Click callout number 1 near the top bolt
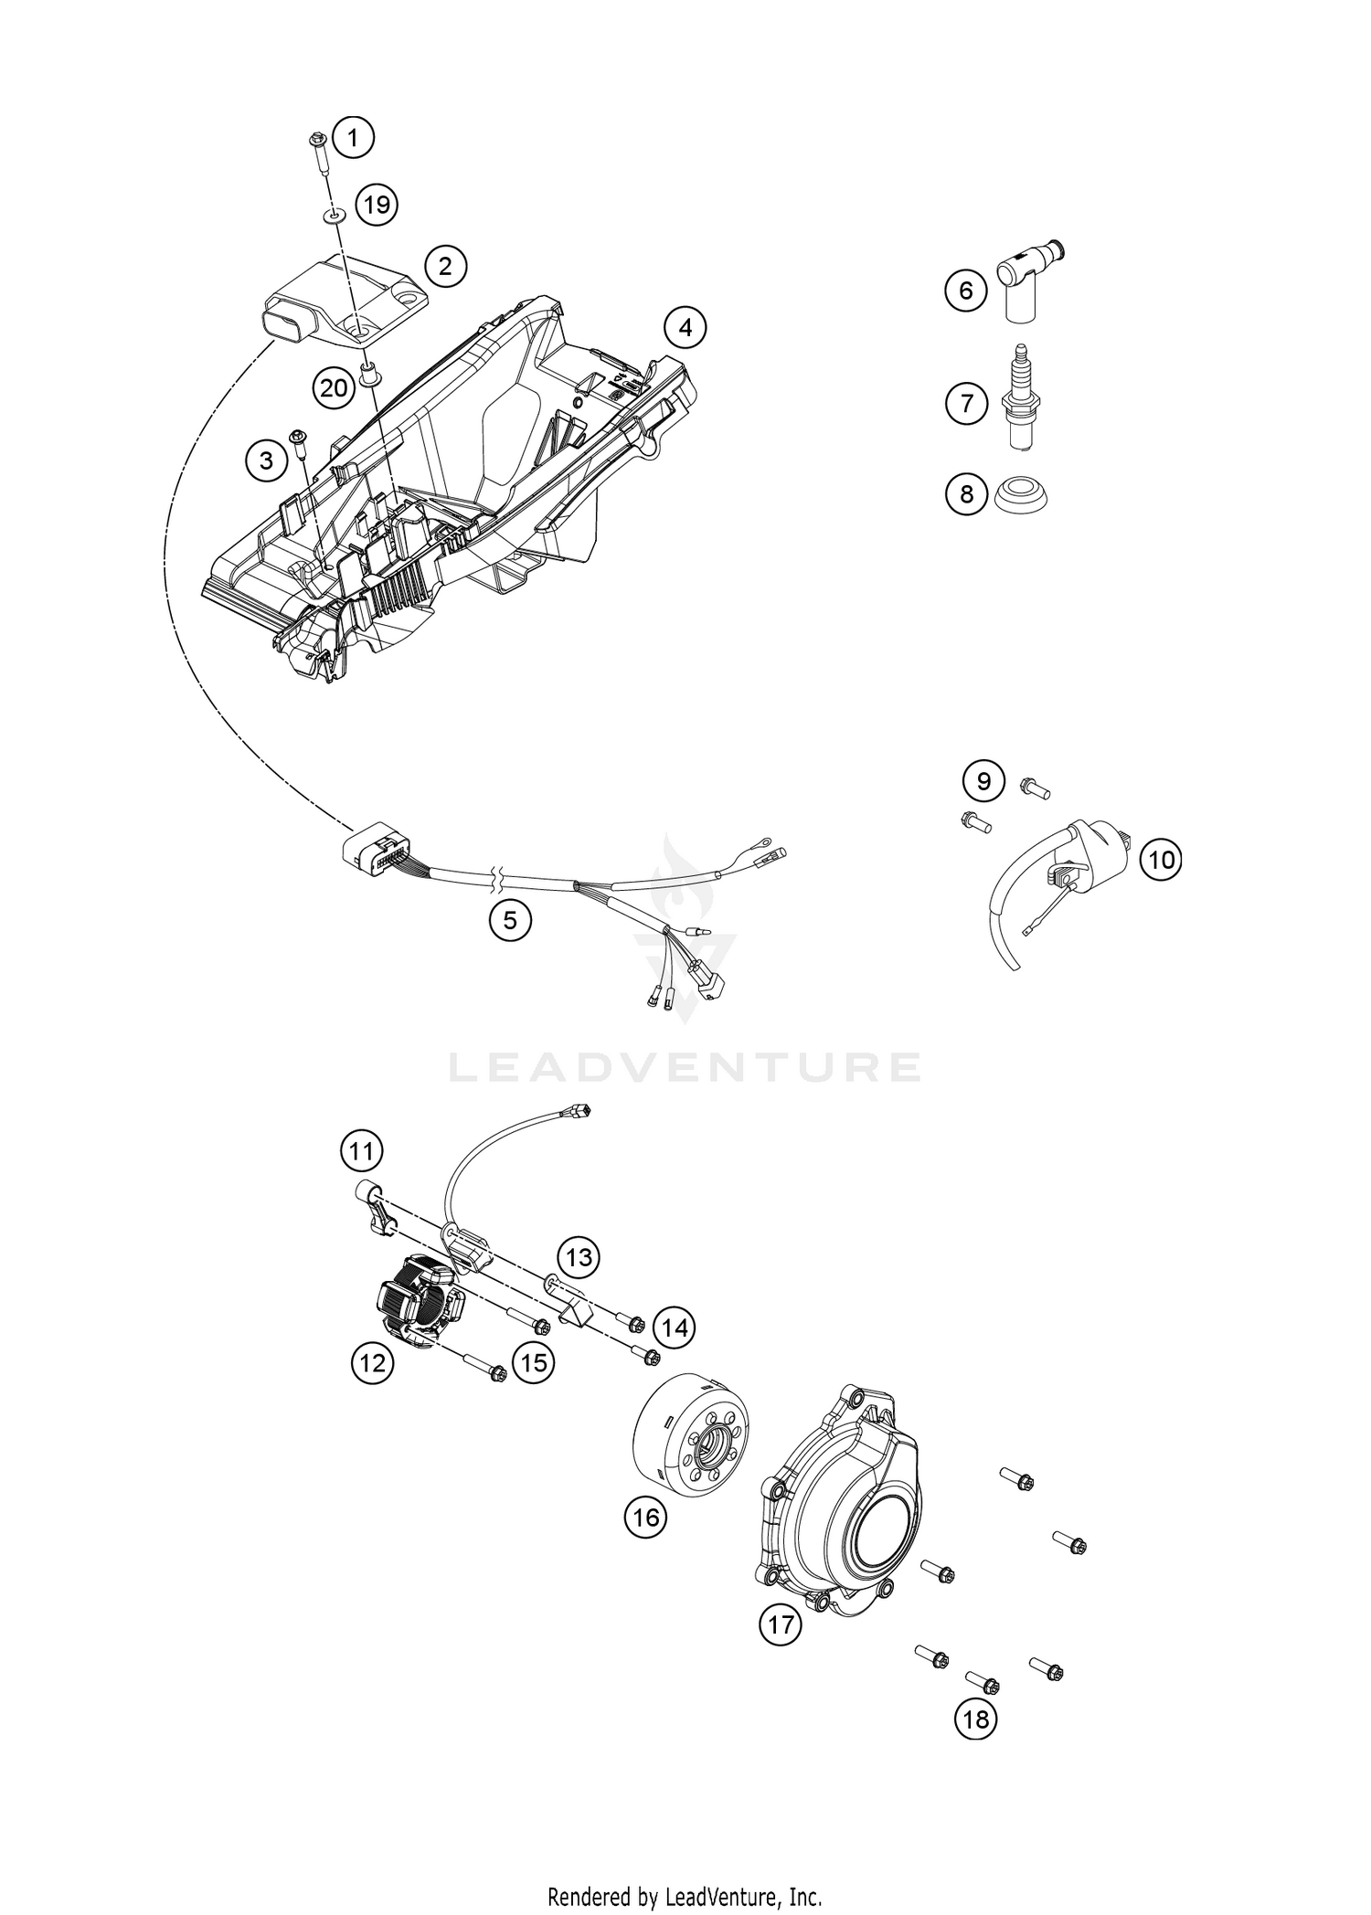point(354,139)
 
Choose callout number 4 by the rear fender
point(685,327)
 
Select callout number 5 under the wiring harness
point(510,920)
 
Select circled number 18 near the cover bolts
point(975,1719)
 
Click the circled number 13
point(579,1258)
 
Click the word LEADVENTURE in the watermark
point(685,1066)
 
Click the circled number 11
point(362,1150)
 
